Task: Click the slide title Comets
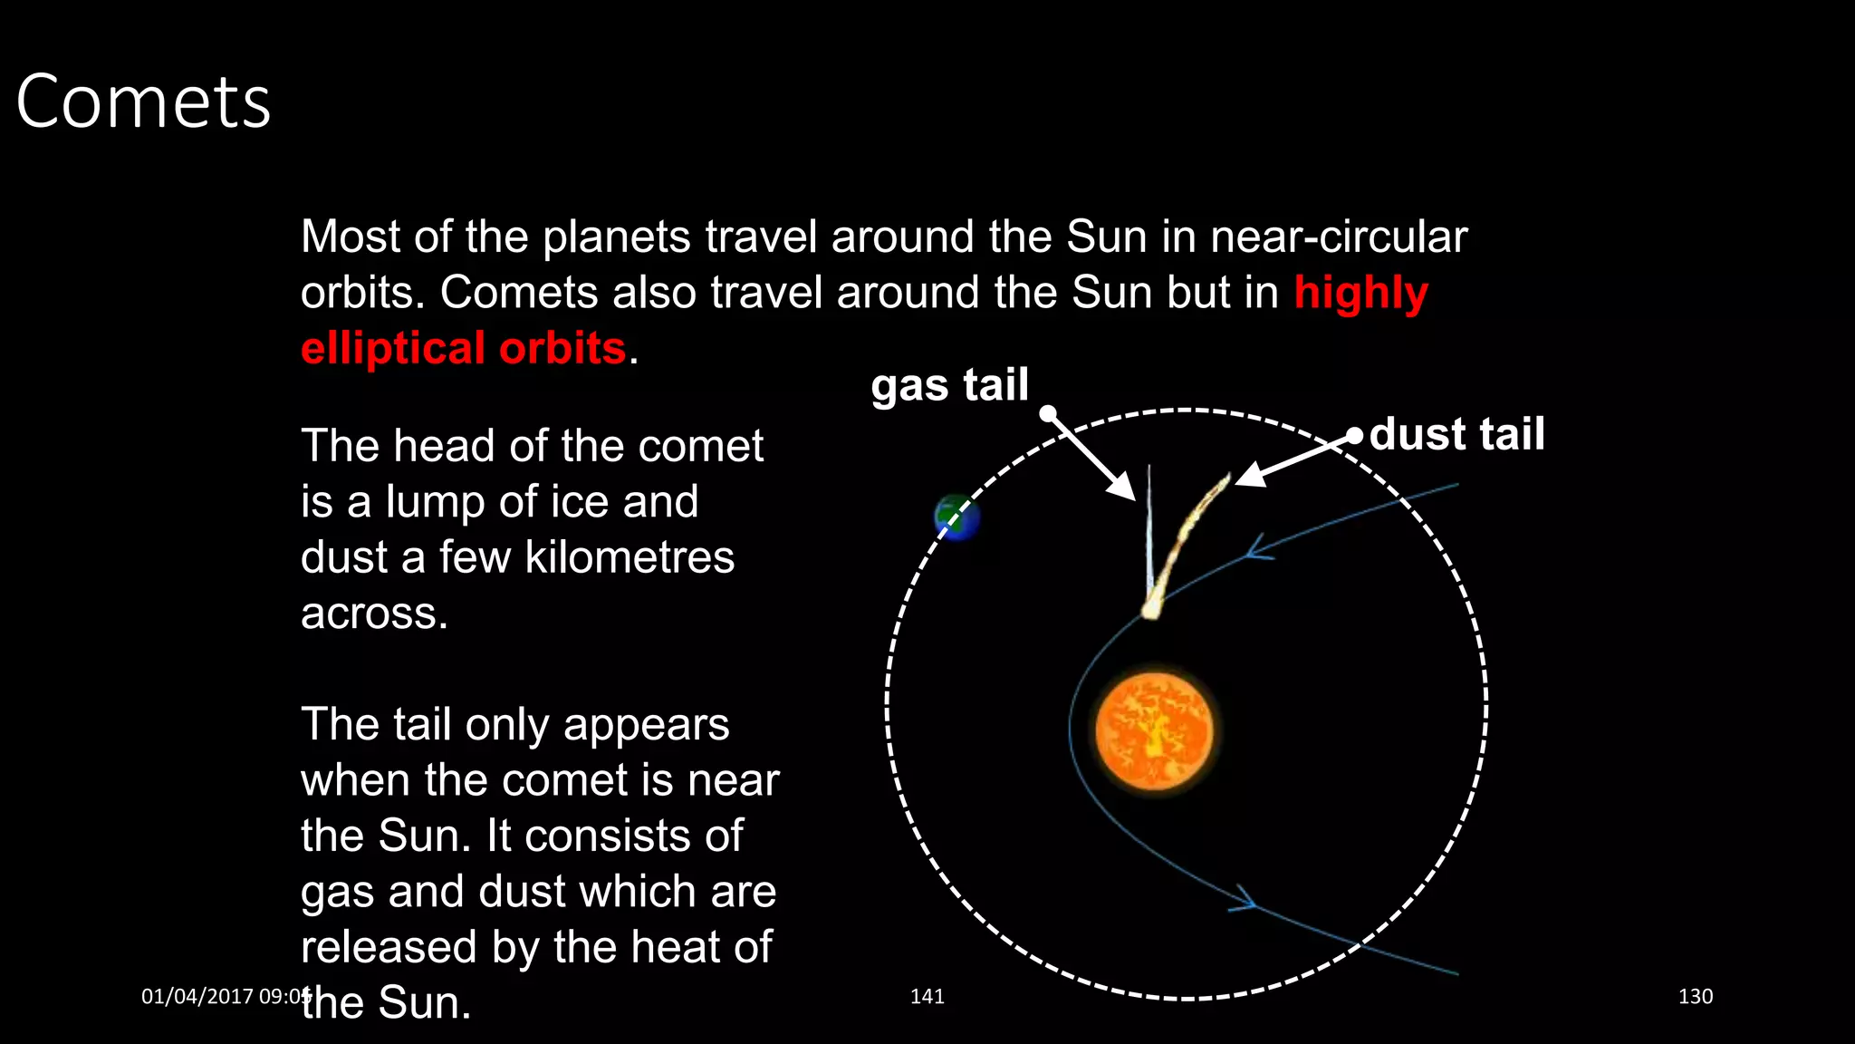click(143, 101)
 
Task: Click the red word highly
click(1360, 293)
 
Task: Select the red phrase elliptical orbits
click(463, 349)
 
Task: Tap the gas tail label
click(949, 385)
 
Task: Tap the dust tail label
click(1456, 434)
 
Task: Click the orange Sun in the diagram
click(1154, 730)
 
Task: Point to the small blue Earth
click(956, 517)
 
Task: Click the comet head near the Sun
click(1150, 609)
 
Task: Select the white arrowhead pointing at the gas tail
click(1123, 488)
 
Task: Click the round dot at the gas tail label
click(1048, 413)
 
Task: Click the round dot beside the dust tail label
click(1354, 436)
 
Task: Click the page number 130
click(1695, 996)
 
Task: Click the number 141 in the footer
click(927, 996)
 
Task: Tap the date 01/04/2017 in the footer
click(197, 996)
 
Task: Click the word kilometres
click(630, 557)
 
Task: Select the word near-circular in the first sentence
click(1338, 237)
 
